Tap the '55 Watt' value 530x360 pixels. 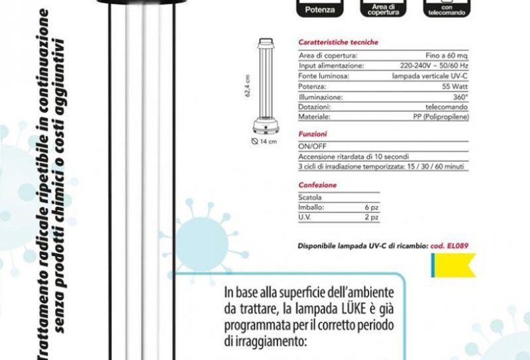[x=456, y=86]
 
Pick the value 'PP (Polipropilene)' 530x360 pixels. [x=439, y=116]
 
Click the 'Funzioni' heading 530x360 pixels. [x=312, y=134]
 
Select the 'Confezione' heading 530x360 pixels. [x=317, y=185]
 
